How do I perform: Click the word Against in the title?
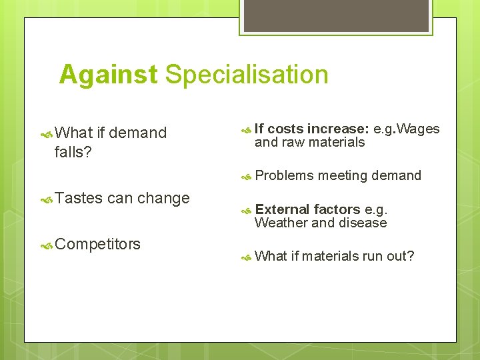[109, 75]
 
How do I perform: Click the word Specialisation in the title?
[247, 75]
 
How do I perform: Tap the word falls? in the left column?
[73, 153]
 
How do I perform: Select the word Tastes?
[79, 198]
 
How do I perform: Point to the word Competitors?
[98, 244]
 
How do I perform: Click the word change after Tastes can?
[163, 198]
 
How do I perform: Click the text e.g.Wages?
[407, 129]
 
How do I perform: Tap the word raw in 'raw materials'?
[293, 142]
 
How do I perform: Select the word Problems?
[284, 175]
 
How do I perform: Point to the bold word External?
[282, 209]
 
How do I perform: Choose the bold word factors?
[337, 209]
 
